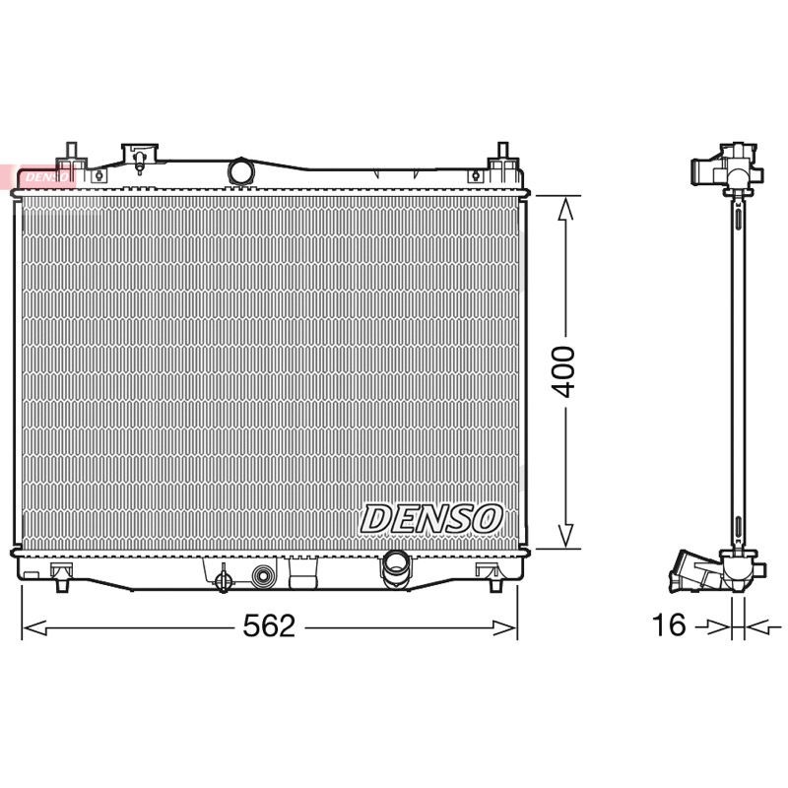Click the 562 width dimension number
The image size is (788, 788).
(269, 626)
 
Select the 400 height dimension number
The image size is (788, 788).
(562, 371)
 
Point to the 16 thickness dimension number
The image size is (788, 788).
(669, 624)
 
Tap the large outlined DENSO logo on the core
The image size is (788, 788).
(431, 519)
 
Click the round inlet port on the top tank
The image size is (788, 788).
(240, 170)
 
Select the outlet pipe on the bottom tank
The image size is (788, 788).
(397, 568)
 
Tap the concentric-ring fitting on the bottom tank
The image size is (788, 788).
(264, 576)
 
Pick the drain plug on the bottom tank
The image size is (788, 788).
(224, 580)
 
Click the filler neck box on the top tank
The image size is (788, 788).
(140, 155)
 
